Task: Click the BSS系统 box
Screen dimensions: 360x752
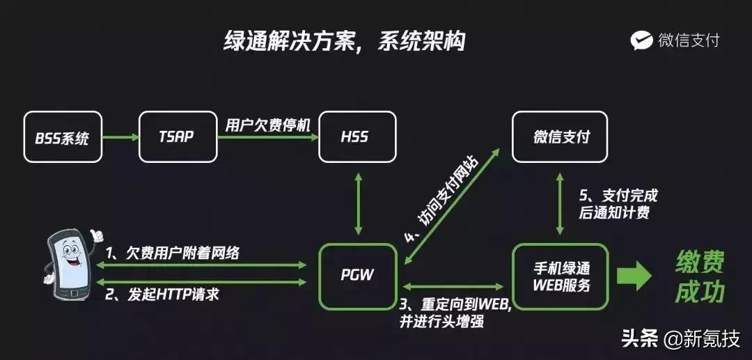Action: coord(63,137)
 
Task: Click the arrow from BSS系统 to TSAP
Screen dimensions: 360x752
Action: coord(120,137)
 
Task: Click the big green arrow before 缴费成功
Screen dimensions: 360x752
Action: coord(634,276)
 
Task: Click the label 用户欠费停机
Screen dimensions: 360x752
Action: coord(267,125)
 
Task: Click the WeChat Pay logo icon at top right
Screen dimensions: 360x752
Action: coord(641,40)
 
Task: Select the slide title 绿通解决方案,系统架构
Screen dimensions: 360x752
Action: coord(344,41)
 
